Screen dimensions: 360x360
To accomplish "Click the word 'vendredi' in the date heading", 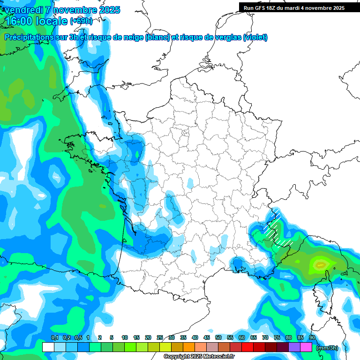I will point(23,10).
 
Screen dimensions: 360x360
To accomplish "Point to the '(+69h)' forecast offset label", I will point(81,21).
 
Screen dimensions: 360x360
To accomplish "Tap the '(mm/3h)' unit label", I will point(327,348).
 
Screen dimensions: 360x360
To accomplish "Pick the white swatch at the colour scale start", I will point(48,347).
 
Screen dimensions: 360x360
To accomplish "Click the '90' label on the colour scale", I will point(312,337).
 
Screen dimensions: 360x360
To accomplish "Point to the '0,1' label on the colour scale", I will point(54,337).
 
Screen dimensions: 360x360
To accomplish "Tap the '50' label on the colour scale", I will point(218,337).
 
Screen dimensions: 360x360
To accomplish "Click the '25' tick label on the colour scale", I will point(159,337).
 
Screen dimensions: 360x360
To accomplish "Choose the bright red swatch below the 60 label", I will point(248,347).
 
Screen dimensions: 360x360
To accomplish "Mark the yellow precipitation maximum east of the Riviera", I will point(321,265).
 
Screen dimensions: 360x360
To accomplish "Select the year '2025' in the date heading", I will point(106,10).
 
